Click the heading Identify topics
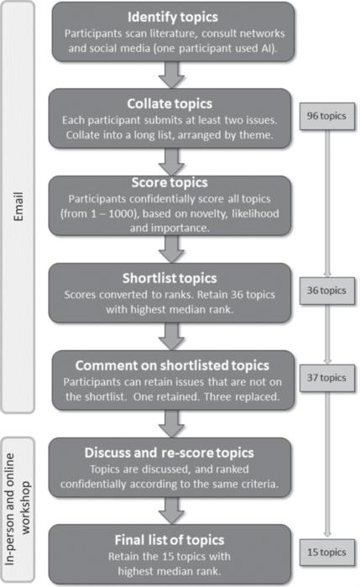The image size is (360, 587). coord(173,17)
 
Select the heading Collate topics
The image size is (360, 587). coord(170,103)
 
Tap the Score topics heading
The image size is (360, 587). coord(170,182)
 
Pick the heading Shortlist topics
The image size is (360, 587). coord(170,278)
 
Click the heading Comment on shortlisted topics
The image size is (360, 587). coord(172,365)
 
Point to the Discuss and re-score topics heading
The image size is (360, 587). coord(170,453)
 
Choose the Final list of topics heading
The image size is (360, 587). coord(170,540)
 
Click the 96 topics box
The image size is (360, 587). coord(327,117)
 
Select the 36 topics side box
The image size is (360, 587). coord(327,291)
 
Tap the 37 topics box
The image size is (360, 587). coord(327,378)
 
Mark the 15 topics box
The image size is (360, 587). coord(327,553)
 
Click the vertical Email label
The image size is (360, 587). coord(18,207)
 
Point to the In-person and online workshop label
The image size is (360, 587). coord(18,509)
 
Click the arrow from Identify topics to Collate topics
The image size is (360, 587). coord(171,75)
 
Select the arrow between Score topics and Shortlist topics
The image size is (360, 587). coord(171,249)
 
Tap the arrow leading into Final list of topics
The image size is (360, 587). coord(171,511)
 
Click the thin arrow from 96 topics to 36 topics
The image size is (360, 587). coord(327,204)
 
